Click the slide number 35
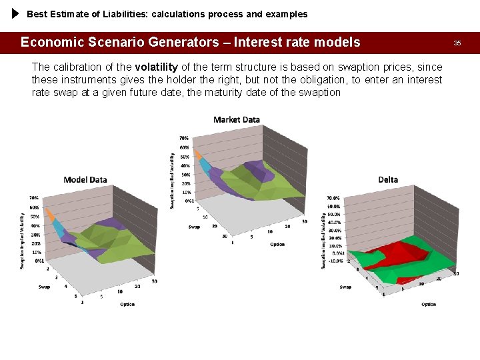tap(457, 43)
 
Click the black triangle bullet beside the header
tap(16, 13)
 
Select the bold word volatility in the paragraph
tap(156, 67)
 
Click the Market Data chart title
tap(237, 120)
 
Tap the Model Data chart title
tap(85, 179)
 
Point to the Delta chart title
tap(388, 179)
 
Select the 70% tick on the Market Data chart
tap(184, 139)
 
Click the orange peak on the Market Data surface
tap(199, 155)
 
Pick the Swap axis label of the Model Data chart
tap(45, 287)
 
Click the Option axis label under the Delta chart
tap(429, 304)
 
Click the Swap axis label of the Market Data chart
tap(194, 227)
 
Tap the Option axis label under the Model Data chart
tap(127, 304)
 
